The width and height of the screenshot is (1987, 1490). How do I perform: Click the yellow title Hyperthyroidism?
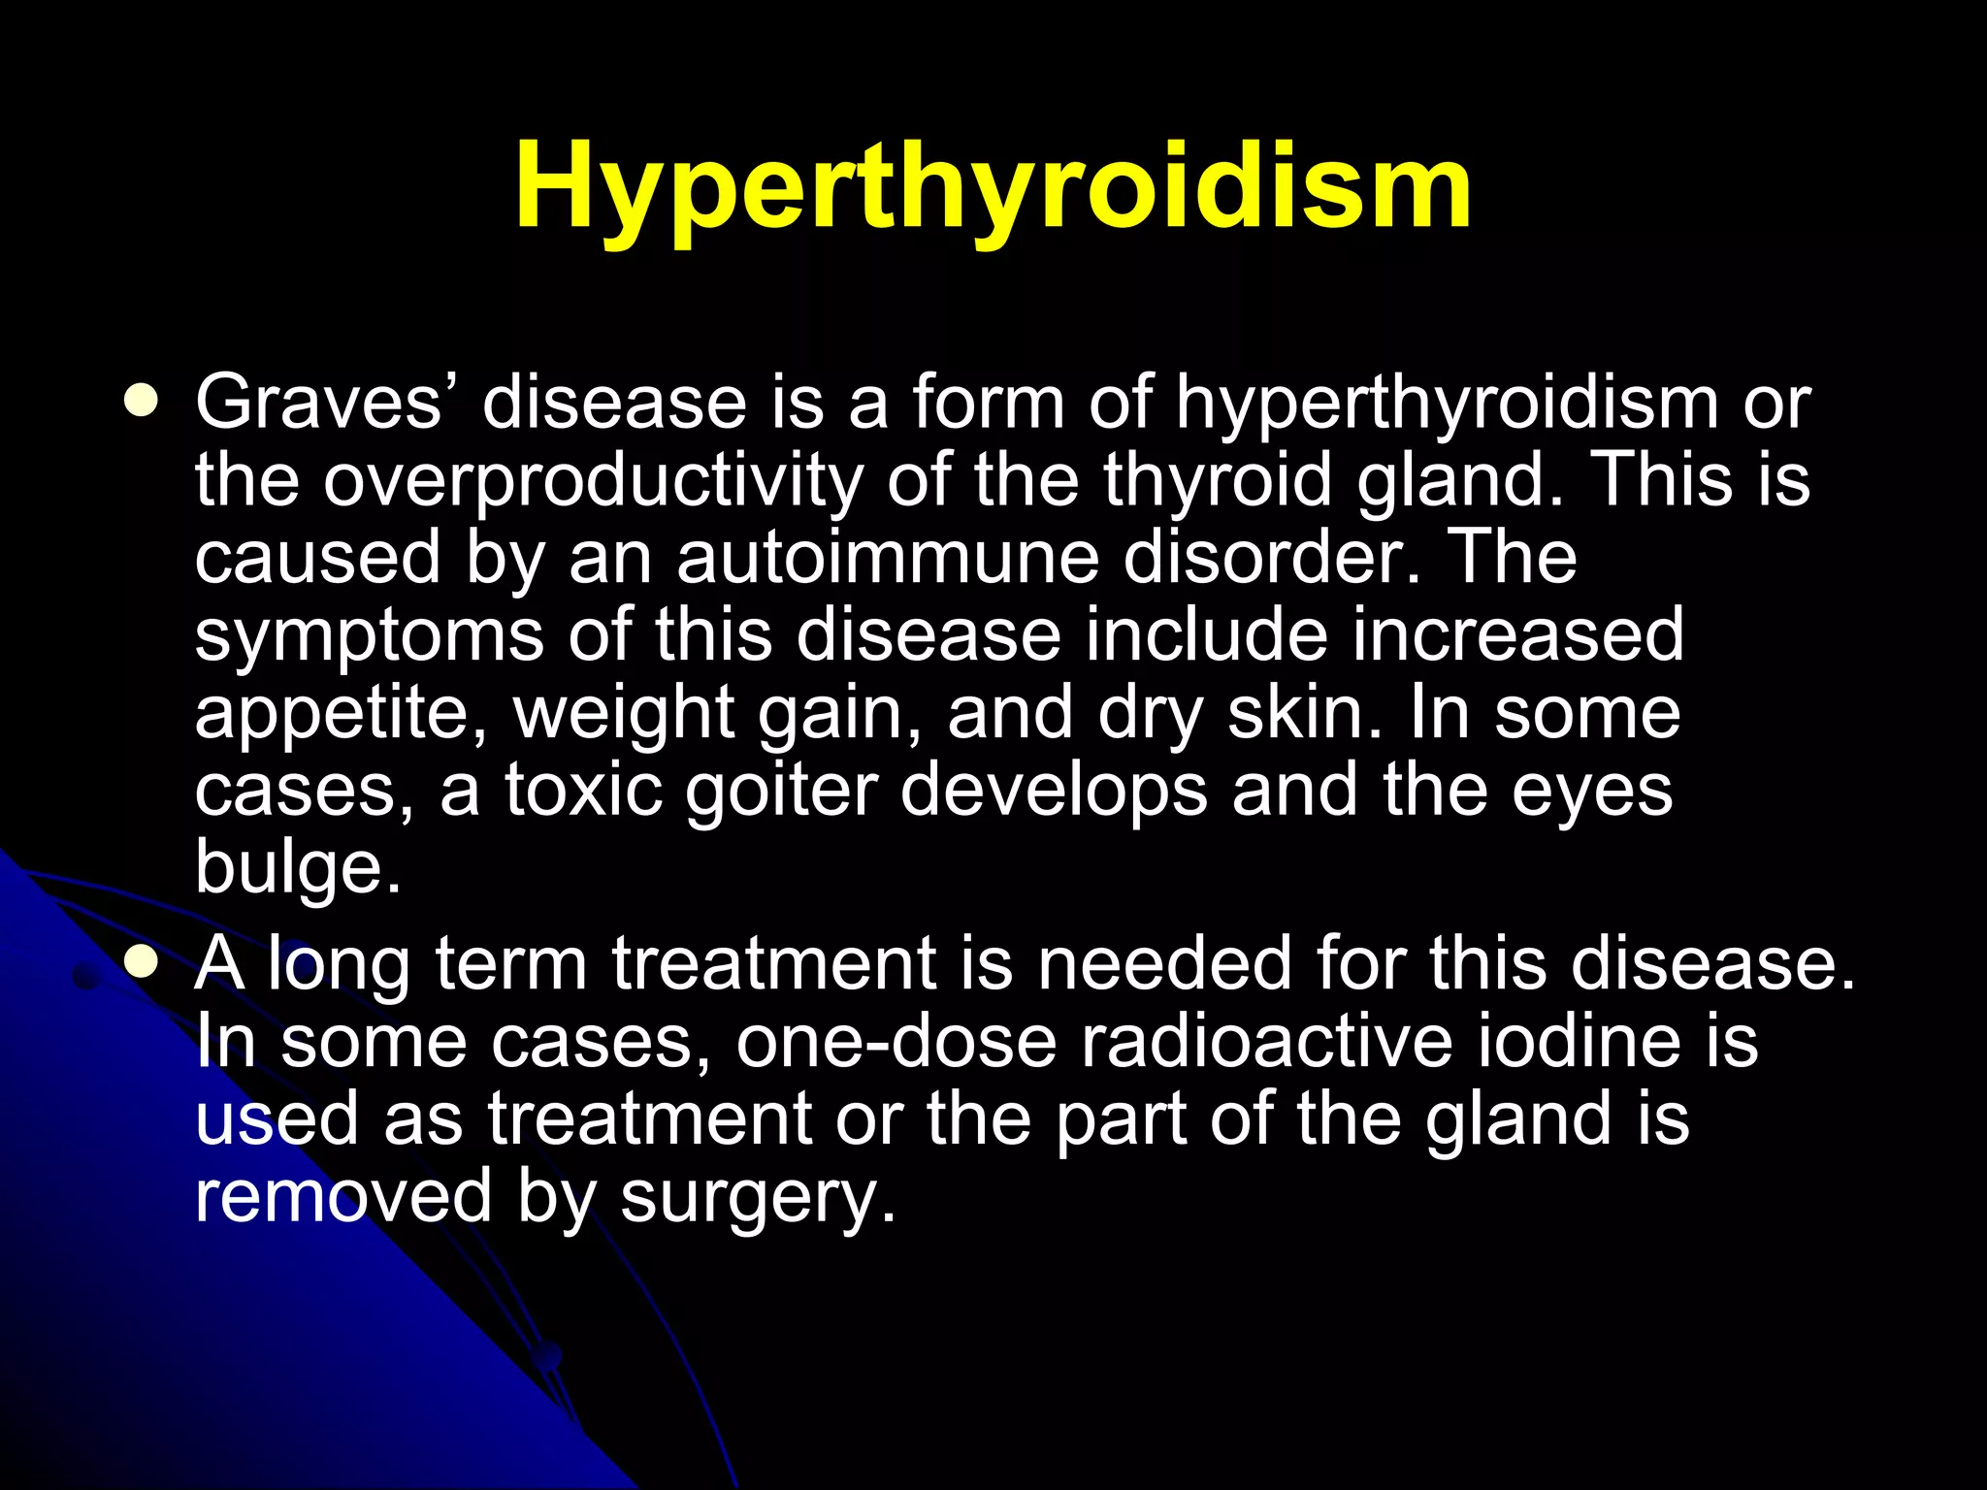(993, 186)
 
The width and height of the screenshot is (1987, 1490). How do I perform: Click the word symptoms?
(369, 636)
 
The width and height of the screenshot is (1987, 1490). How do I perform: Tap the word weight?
(622, 714)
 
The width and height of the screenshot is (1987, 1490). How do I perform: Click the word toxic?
(583, 790)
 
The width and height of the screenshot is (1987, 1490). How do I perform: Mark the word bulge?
(296, 867)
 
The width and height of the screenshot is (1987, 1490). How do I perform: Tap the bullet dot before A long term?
(142, 960)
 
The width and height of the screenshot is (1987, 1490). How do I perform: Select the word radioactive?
(1266, 1041)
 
